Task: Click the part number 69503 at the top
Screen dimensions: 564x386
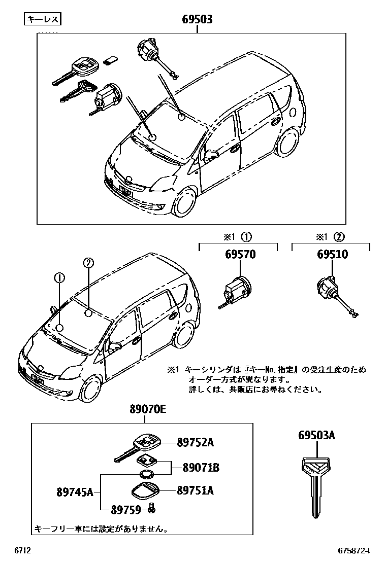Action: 197,20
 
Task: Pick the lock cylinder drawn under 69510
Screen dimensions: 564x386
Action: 331,294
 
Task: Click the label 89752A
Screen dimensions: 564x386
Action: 195,443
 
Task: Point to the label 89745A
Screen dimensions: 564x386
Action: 75,491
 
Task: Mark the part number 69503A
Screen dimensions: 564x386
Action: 316,436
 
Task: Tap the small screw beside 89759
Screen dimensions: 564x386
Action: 151,507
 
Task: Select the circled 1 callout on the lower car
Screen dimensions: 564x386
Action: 59,278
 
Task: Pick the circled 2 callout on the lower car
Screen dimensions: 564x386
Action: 88,263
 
